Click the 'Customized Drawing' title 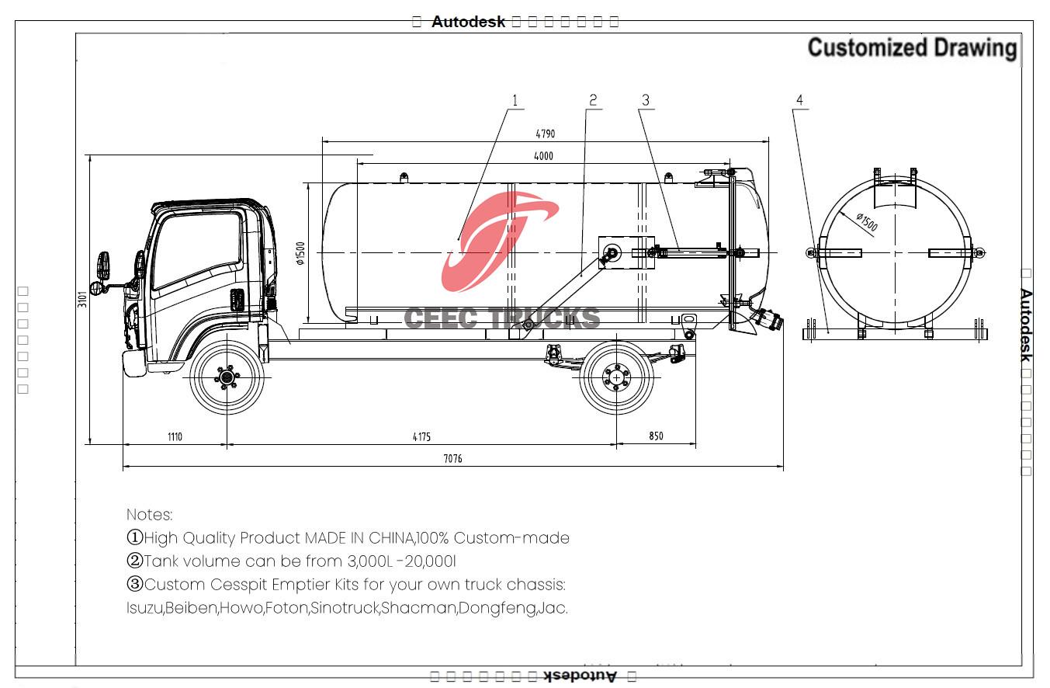[912, 48]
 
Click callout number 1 [514, 100]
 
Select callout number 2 [593, 100]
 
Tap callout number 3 [645, 100]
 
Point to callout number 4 [799, 100]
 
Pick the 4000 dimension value [543, 156]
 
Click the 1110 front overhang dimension [174, 436]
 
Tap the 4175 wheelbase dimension [421, 436]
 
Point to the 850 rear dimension [656, 436]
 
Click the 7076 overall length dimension [452, 459]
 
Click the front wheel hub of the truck [227, 378]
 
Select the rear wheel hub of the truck [617, 377]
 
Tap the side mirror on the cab [103, 266]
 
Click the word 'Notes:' [150, 515]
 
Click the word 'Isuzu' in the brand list [144, 608]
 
